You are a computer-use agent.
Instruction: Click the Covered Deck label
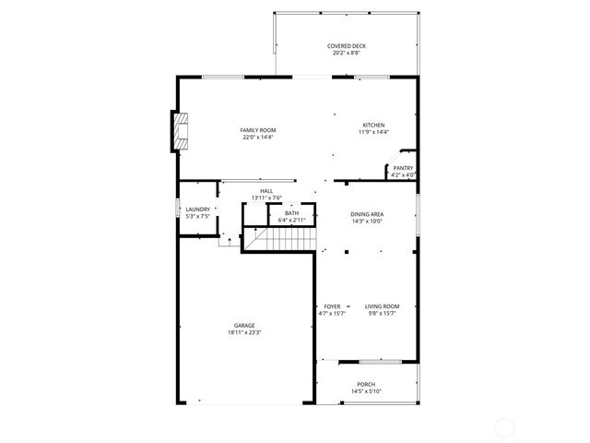click(347, 46)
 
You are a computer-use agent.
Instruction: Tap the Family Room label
click(258, 130)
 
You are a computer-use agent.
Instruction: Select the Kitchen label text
click(373, 126)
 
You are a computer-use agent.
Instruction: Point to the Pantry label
click(403, 168)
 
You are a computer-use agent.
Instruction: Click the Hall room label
click(266, 191)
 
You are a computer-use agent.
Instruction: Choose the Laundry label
click(198, 210)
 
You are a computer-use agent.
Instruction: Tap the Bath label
click(291, 213)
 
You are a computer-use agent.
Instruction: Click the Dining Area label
click(367, 214)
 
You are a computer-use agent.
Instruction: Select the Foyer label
click(332, 306)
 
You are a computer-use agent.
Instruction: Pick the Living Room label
click(382, 306)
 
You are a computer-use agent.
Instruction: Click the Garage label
click(244, 326)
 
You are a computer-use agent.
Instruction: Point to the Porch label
click(366, 385)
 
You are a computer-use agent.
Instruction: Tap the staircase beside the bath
click(280, 239)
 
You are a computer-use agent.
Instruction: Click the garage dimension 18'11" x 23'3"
click(244, 332)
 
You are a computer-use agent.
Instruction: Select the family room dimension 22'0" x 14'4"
click(259, 138)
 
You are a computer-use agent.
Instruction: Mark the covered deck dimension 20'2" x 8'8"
click(347, 54)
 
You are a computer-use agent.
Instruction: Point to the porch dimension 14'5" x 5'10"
click(366, 392)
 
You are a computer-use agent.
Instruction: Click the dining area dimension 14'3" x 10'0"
click(367, 221)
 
